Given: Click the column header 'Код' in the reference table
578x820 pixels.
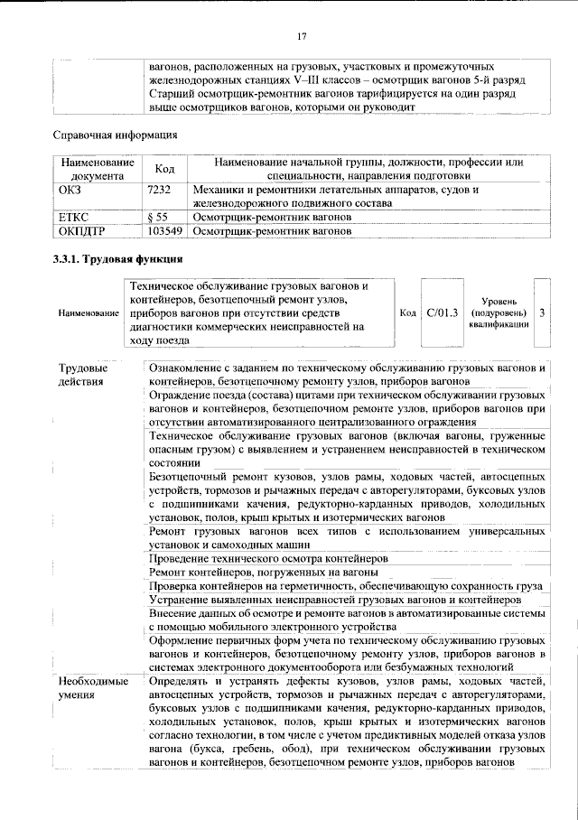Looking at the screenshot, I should point(165,169).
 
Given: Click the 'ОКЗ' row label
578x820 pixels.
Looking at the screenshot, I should point(70,191).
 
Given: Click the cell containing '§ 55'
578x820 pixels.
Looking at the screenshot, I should point(159,218).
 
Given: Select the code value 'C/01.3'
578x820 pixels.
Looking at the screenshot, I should point(443,312).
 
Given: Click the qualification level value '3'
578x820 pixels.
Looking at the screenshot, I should point(541,312).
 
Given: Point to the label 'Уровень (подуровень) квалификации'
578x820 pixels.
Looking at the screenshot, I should point(499,312).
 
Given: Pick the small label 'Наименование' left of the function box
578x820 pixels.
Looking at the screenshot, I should point(89,313).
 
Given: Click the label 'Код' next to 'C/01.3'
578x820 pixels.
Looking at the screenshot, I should point(407,312).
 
